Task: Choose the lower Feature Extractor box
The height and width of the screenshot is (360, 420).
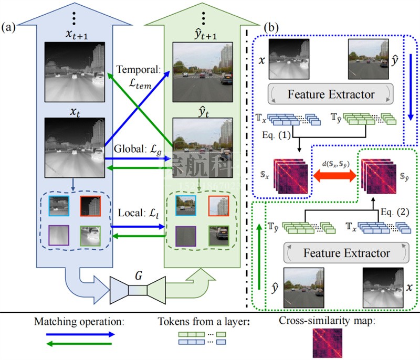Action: point(346,253)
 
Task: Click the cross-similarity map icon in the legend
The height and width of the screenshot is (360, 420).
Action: point(327,343)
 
